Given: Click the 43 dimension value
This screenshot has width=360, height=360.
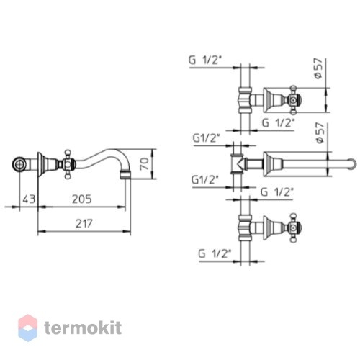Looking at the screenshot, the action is pyautogui.click(x=29, y=199).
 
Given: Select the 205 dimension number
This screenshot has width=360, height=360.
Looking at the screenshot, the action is pyautogui.click(x=82, y=199).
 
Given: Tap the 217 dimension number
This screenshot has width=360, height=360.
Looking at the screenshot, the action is pyautogui.click(x=84, y=224).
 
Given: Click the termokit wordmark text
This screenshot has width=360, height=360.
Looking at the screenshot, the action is pyautogui.click(x=83, y=328).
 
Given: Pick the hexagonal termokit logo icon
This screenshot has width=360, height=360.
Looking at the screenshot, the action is pyautogui.click(x=28, y=328).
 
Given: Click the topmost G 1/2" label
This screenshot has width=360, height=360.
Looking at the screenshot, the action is pyautogui.click(x=204, y=60).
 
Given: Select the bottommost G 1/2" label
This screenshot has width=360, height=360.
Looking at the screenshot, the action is pyautogui.click(x=214, y=253).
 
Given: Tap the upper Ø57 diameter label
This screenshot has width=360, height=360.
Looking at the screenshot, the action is pyautogui.click(x=319, y=68).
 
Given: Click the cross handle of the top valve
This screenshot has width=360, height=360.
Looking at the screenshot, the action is pyautogui.click(x=294, y=100).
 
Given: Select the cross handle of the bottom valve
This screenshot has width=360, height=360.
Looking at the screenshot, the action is pyautogui.click(x=294, y=228).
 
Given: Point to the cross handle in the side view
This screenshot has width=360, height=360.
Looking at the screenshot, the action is pyautogui.click(x=68, y=164).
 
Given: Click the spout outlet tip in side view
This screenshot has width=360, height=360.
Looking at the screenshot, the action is pyautogui.click(x=125, y=174).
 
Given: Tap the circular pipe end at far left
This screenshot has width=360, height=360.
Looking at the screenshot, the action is pyautogui.click(x=19, y=164).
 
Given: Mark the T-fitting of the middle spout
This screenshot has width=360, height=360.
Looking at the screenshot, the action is pyautogui.click(x=238, y=163).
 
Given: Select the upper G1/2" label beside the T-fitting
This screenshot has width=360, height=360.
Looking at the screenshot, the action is pyautogui.click(x=207, y=138).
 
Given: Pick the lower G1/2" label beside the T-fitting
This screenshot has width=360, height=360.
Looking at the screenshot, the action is pyautogui.click(x=204, y=179).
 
